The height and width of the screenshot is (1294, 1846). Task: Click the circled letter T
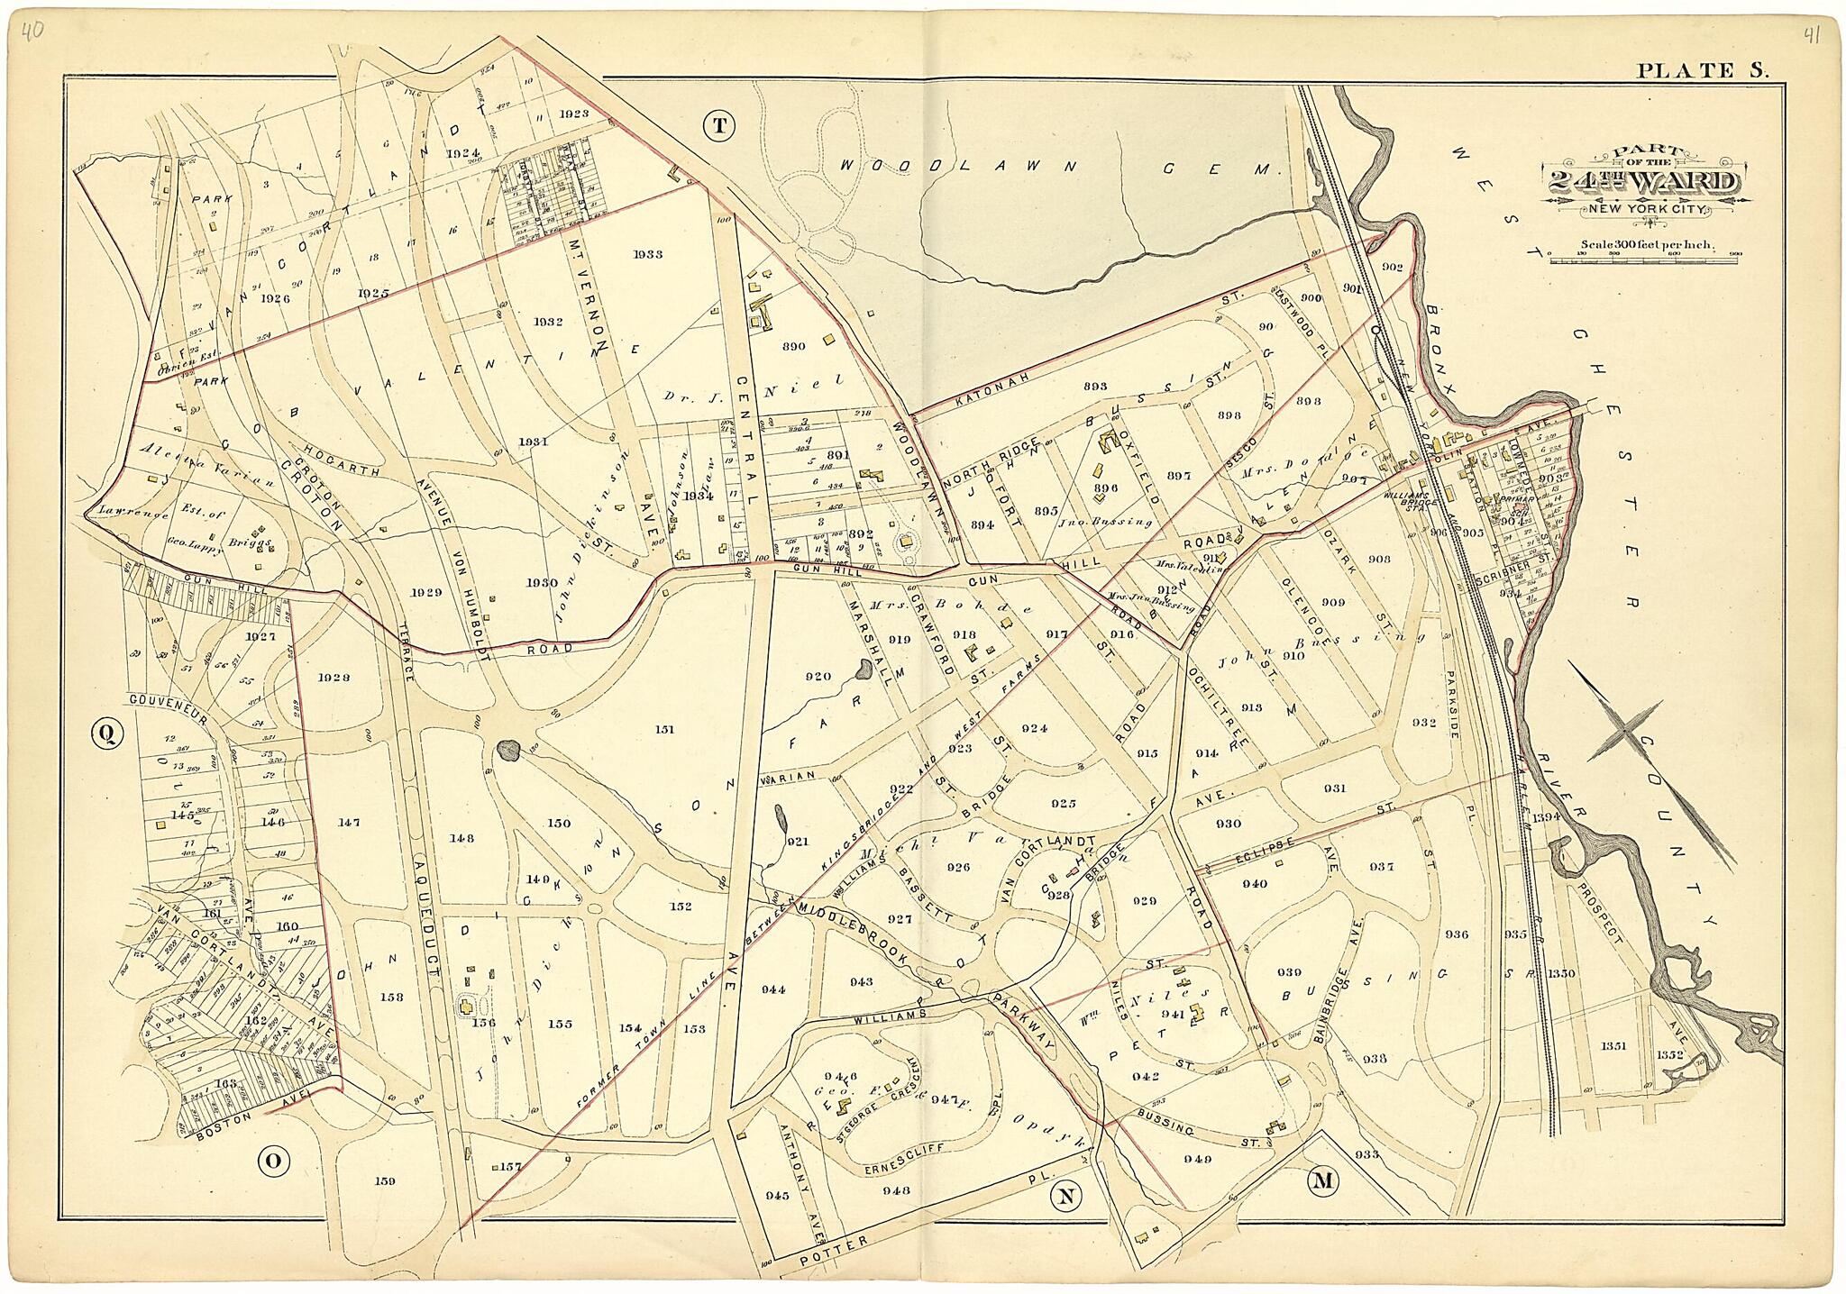[718, 127]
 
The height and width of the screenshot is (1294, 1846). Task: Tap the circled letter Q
[106, 735]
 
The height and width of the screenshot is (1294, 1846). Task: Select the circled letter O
[270, 1162]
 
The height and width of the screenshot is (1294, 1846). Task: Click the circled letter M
[1322, 1181]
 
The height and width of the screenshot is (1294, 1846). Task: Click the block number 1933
[647, 254]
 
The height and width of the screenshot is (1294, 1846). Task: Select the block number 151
[664, 730]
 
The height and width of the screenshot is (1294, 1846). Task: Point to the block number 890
[793, 346]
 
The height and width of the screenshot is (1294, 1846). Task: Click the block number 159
[386, 1180]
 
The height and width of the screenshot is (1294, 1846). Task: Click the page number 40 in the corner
[33, 32]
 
